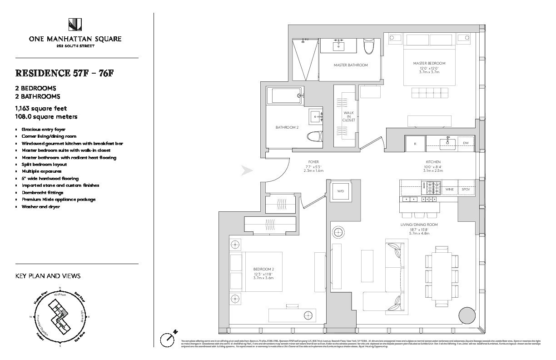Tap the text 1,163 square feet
(41, 108)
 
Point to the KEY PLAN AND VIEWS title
(48, 276)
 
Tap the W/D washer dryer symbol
(340, 191)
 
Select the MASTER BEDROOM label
(429, 63)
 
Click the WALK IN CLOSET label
(349, 116)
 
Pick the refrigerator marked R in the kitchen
(415, 143)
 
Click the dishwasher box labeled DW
(466, 143)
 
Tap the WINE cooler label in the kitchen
(449, 189)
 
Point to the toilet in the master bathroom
(368, 45)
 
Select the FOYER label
(313, 162)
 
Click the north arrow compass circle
(168, 339)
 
